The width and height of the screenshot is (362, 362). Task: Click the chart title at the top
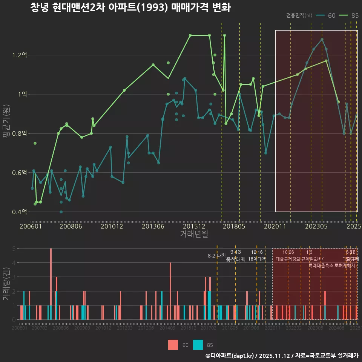click(x=130, y=8)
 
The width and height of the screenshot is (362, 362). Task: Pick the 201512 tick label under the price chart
click(x=194, y=226)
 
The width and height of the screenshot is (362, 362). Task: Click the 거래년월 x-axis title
click(x=194, y=234)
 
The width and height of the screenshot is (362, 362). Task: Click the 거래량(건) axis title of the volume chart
click(x=6, y=284)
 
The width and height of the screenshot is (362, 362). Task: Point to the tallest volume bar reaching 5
click(x=51, y=284)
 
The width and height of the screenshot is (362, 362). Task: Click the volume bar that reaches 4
click(x=170, y=291)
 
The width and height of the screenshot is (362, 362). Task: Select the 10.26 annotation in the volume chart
click(x=288, y=252)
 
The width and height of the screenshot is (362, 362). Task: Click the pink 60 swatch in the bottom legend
click(x=173, y=345)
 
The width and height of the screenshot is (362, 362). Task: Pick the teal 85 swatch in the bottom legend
click(x=198, y=345)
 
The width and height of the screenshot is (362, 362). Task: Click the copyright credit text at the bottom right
click(x=282, y=356)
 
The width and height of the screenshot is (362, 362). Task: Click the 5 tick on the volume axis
click(x=14, y=248)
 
